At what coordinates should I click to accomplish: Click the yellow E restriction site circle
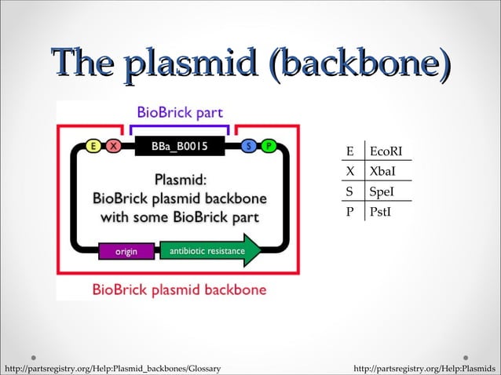coord(94,146)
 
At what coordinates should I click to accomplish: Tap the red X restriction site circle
coord(113,146)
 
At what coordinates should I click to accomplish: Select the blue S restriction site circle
coord(249,146)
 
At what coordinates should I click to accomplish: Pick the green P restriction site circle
coord(268,146)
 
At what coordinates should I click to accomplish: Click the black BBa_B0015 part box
coord(181,146)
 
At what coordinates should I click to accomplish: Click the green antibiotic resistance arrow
coord(210,251)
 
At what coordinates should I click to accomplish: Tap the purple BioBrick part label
coord(180,112)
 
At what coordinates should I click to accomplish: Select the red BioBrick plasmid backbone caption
coord(179,289)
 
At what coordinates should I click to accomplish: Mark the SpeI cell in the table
coord(382,191)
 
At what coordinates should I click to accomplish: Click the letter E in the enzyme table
coord(350,151)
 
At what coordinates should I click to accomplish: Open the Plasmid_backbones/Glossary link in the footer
coord(111,368)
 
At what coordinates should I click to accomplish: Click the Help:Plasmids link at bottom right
coord(425,368)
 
